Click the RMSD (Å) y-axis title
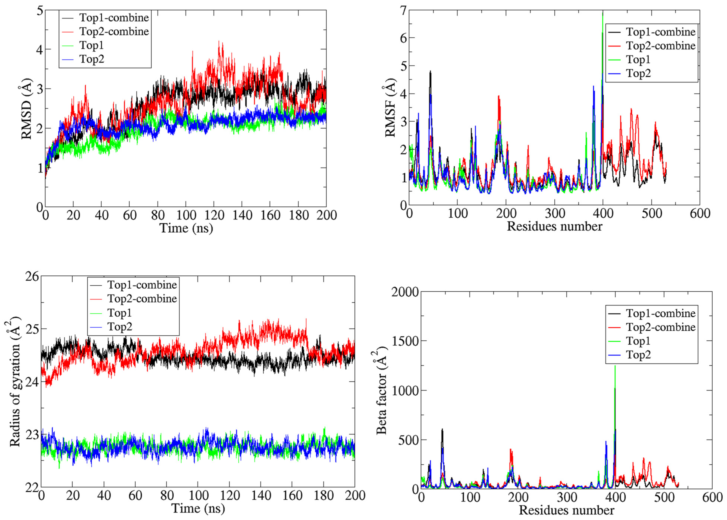[x=26, y=109]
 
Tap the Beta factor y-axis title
[x=382, y=390]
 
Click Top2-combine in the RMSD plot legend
[x=114, y=31]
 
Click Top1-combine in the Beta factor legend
[x=660, y=313]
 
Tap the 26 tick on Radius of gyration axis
[x=32, y=276]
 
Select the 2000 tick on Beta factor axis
[x=405, y=292]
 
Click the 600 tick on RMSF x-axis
[x=700, y=213]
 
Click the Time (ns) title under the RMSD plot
[x=186, y=228]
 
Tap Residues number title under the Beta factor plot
[x=566, y=510]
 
